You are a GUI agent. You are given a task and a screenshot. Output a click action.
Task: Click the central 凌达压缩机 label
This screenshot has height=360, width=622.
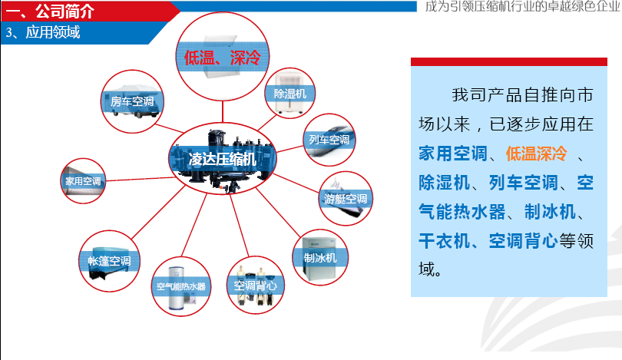[222, 160]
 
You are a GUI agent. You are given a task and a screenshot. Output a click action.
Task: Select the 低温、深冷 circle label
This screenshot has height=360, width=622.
[223, 58]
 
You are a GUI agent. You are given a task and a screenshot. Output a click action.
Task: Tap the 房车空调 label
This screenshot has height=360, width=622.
[132, 101]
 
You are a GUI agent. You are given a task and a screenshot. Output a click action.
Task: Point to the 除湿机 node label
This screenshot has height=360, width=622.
[290, 94]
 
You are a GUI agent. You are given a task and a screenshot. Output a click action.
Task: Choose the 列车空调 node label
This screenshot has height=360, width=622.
[329, 140]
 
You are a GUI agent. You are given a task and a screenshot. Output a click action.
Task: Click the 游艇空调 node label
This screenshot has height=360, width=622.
[346, 199]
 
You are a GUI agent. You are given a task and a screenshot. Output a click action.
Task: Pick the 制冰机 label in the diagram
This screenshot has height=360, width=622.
[320, 258]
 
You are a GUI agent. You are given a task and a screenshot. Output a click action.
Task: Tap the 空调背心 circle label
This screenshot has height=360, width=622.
[256, 286]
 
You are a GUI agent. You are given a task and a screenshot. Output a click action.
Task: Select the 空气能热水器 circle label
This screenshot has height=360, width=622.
[181, 286]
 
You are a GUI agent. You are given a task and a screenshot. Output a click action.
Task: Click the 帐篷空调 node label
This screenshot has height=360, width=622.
[109, 261]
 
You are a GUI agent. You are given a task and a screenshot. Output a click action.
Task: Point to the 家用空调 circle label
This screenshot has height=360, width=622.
[83, 181]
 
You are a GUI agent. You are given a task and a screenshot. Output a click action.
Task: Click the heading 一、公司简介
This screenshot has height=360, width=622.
[50, 11]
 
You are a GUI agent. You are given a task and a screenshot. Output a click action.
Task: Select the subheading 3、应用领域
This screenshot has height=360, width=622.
[43, 32]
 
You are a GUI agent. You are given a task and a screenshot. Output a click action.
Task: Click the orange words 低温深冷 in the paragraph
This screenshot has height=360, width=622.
[537, 154]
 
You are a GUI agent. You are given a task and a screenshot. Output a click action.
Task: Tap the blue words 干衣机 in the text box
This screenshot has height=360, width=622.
[445, 241]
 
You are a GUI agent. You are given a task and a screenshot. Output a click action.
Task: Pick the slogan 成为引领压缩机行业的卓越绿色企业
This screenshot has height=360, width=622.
[522, 6]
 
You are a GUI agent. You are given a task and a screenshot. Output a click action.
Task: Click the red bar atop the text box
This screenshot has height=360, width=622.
[509, 61]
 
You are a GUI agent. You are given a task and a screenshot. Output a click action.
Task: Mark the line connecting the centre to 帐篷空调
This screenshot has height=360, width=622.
[158, 213]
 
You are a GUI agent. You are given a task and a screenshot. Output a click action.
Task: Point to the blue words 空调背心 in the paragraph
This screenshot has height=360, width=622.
[523, 241]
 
